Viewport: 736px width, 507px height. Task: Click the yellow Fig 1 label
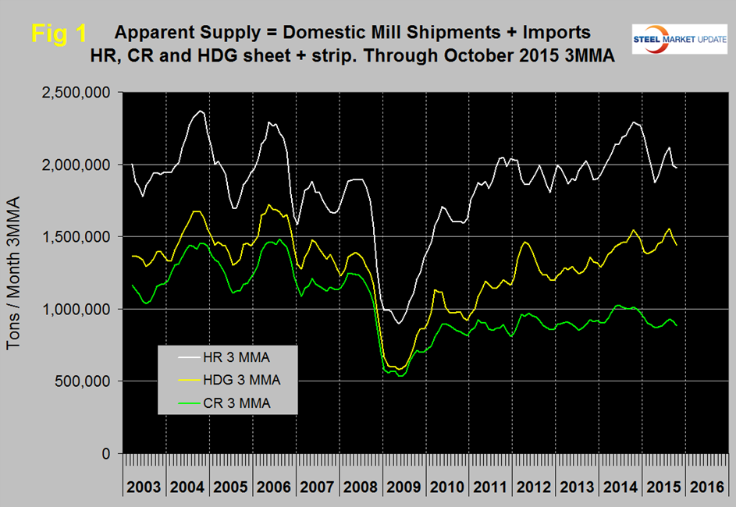click(x=59, y=34)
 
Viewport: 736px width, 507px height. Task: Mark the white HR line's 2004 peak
click(x=201, y=112)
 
